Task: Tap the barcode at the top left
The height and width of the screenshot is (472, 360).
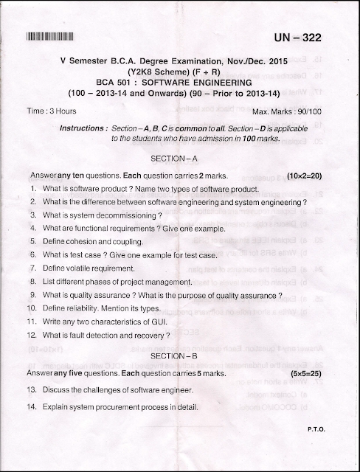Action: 55,37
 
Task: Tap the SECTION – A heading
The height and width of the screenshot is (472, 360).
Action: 174,159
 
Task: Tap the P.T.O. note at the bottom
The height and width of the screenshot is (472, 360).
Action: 315,428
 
